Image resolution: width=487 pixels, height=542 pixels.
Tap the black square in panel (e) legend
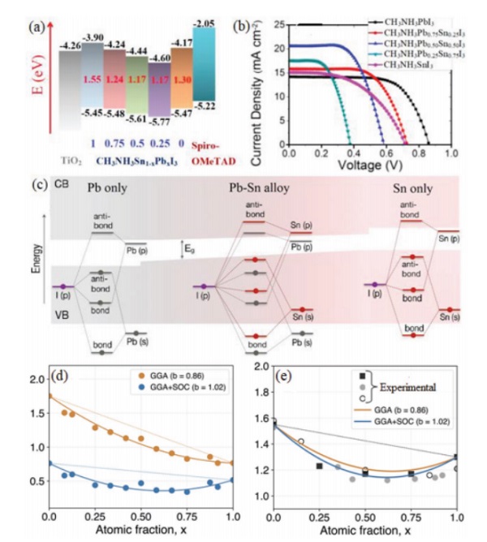[362, 376]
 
